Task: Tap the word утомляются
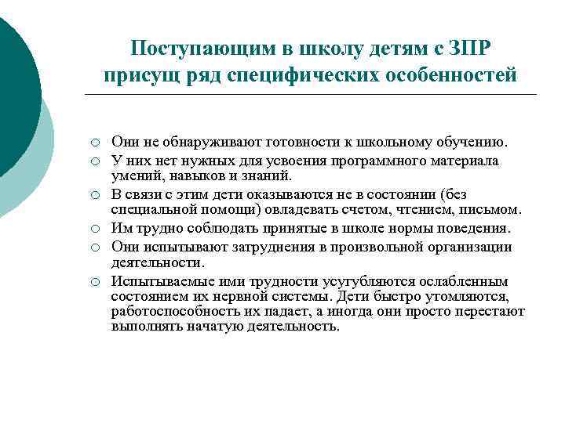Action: [x=472, y=298]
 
